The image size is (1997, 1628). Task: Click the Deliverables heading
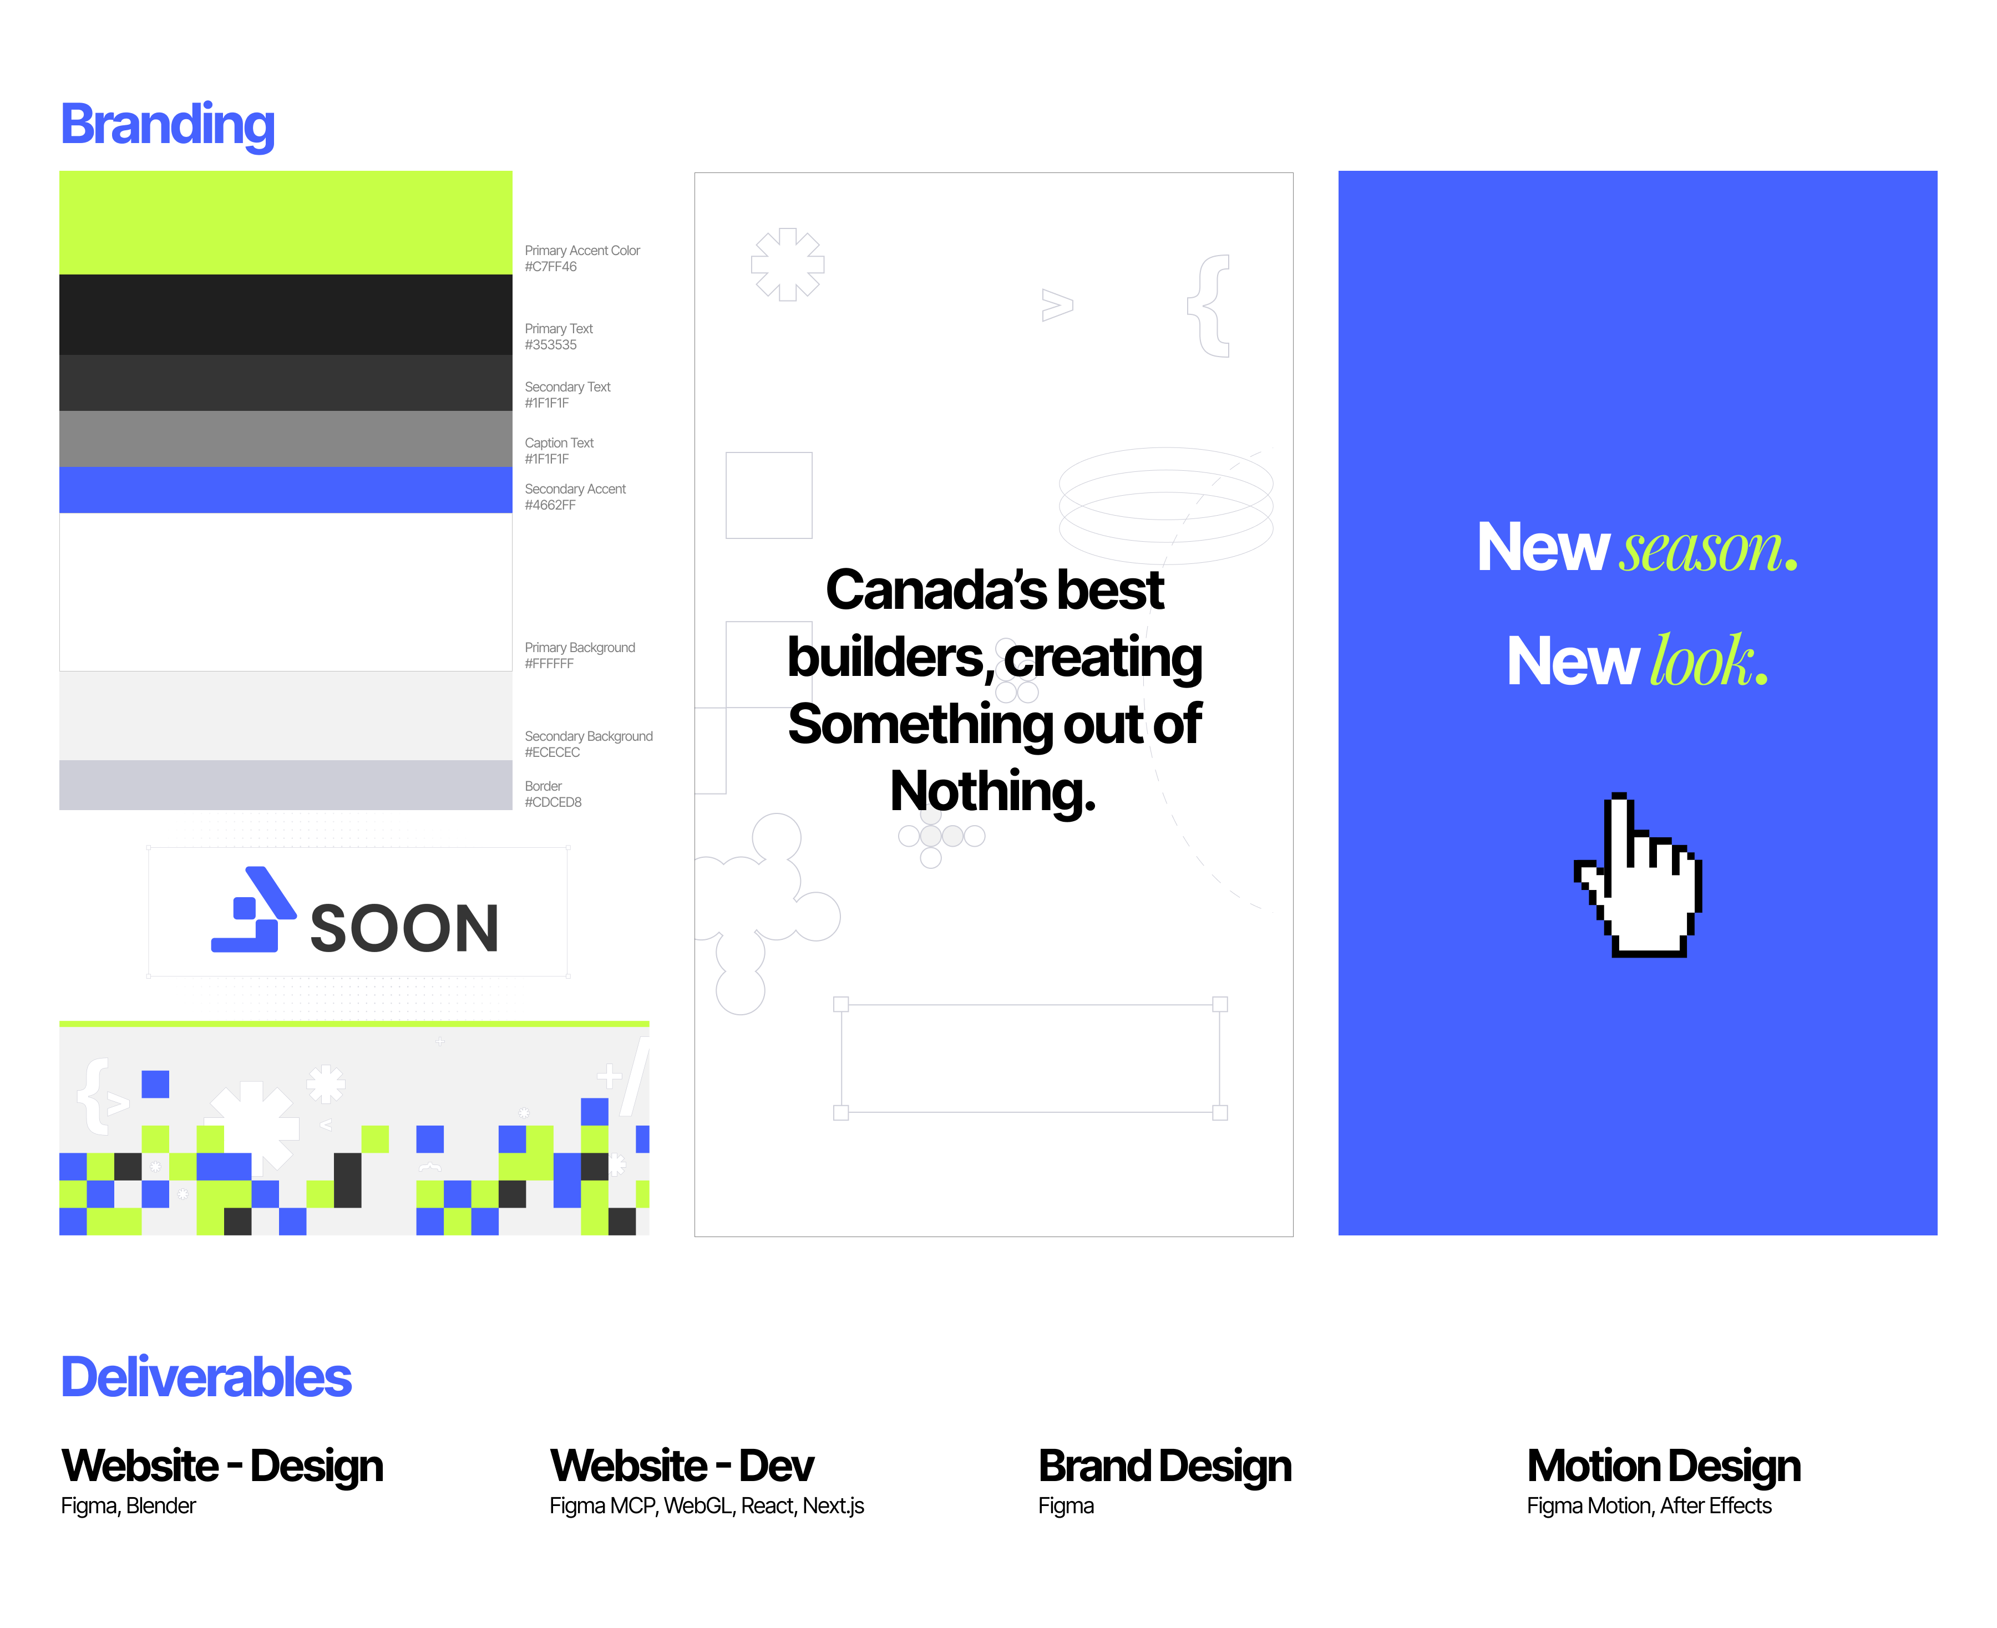[x=206, y=1377]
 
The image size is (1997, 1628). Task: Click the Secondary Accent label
[x=575, y=489]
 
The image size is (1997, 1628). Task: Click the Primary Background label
[x=580, y=647]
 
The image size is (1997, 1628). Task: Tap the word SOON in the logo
[x=404, y=928]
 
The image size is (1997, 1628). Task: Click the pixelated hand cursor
[x=1638, y=875]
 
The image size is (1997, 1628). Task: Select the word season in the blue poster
[x=1701, y=550]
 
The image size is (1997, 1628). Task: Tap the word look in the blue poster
[x=1701, y=660]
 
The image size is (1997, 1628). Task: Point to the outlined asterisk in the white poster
[x=787, y=264]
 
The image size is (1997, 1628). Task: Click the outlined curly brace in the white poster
[x=1208, y=306]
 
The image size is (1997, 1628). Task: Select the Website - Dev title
[x=682, y=1465]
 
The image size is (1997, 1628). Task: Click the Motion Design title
[x=1663, y=1465]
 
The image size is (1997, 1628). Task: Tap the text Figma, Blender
[x=129, y=1506]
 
